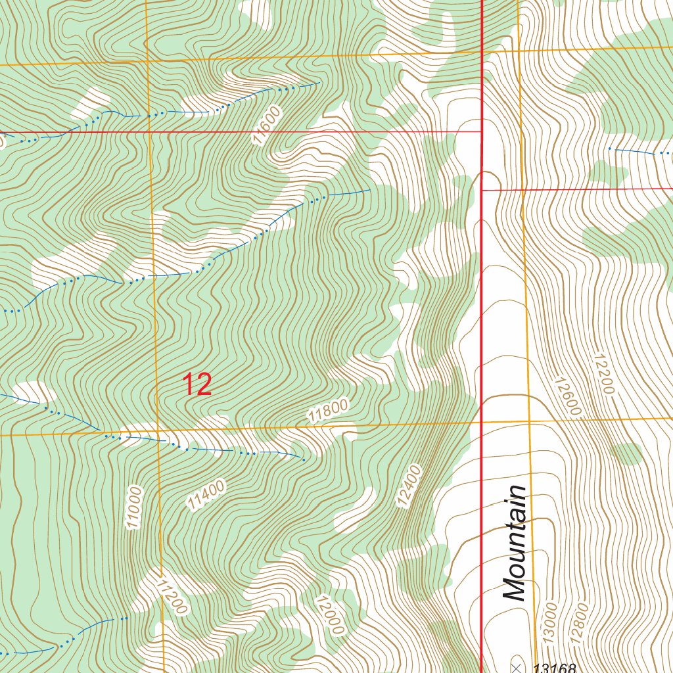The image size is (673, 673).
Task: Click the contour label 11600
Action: (x=266, y=126)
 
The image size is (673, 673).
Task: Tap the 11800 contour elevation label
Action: (x=327, y=412)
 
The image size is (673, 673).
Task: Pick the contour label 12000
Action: (x=329, y=615)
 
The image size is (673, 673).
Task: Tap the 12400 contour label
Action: (x=408, y=486)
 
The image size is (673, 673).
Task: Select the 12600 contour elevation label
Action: (x=567, y=396)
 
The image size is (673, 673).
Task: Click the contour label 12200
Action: (x=603, y=375)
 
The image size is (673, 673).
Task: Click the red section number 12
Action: (x=197, y=384)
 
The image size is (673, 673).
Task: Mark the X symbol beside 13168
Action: (x=516, y=668)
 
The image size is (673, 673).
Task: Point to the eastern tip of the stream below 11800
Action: (x=303, y=459)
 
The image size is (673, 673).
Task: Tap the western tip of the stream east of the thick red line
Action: (x=609, y=149)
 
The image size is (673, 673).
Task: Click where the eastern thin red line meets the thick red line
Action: (x=482, y=190)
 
